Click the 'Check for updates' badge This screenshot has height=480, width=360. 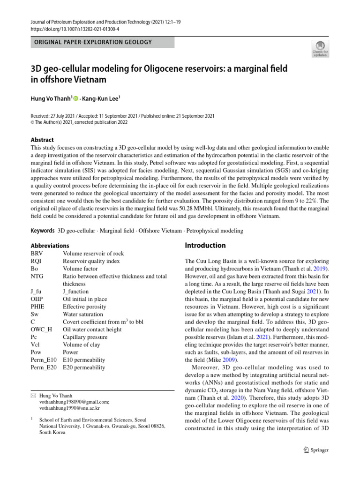tap(320, 49)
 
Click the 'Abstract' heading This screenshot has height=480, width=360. tap(42, 140)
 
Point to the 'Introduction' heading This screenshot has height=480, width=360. tap(205, 245)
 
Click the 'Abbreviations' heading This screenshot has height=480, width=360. tap(50, 246)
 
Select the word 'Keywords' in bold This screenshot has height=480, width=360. tap(42, 231)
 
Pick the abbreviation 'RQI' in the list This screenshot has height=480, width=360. tap(36, 261)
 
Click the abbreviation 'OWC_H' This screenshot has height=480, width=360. tap(40, 330)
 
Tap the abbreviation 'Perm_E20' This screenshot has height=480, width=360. tap(43, 367)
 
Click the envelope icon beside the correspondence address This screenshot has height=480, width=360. tap(33, 396)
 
